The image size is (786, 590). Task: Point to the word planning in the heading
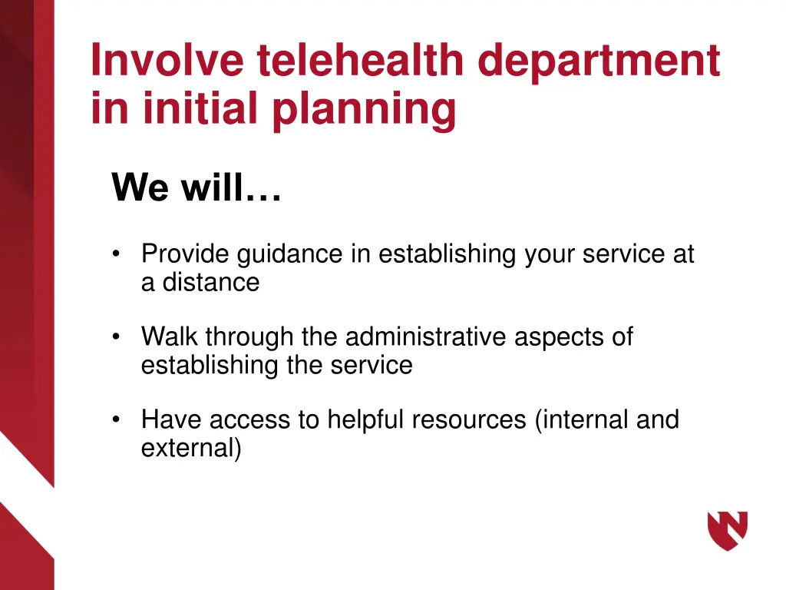point(365,111)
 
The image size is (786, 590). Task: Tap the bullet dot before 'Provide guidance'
point(116,254)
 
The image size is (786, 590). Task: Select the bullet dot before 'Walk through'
point(116,337)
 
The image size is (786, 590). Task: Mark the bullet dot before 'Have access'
point(116,420)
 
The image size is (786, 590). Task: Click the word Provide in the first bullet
point(187,254)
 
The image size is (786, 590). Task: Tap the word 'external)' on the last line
point(191,448)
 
